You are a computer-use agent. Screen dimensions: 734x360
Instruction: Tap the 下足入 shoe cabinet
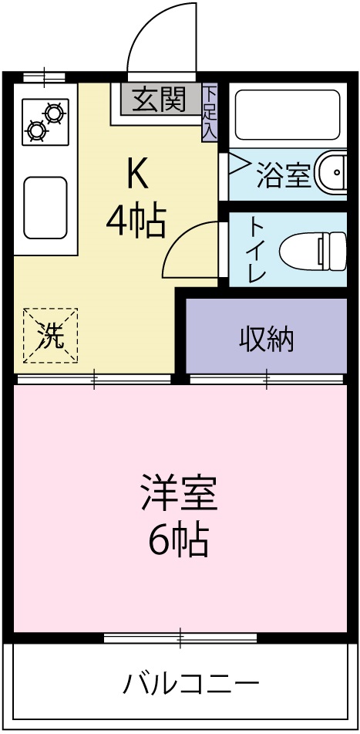point(209,113)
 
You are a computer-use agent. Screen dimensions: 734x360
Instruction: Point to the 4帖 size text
point(136,222)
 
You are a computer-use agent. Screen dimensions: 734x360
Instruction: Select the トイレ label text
point(257,249)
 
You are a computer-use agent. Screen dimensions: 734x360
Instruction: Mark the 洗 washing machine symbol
point(51,336)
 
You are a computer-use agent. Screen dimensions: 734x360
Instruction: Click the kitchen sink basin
point(45,207)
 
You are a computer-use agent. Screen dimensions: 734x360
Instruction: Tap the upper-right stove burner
point(54,113)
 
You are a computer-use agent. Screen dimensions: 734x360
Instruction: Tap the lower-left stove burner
point(35,130)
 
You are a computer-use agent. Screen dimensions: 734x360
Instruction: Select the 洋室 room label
point(179,495)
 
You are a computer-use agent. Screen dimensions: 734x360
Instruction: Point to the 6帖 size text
point(179,541)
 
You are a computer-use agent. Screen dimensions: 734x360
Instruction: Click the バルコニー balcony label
point(190,683)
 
